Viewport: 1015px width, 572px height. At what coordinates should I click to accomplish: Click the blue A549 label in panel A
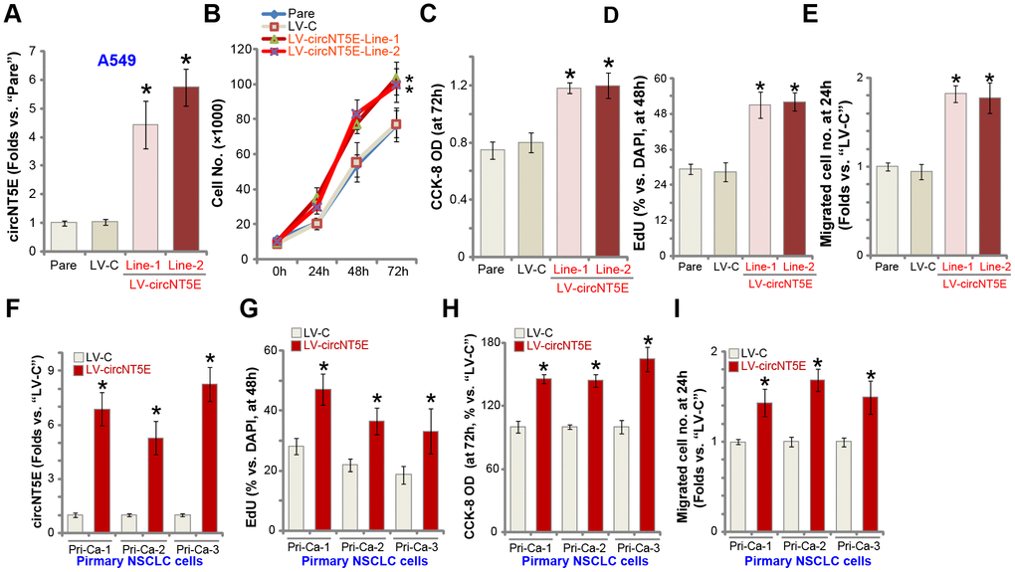coord(117,61)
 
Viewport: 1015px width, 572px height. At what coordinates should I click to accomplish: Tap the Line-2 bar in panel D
coord(794,179)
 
